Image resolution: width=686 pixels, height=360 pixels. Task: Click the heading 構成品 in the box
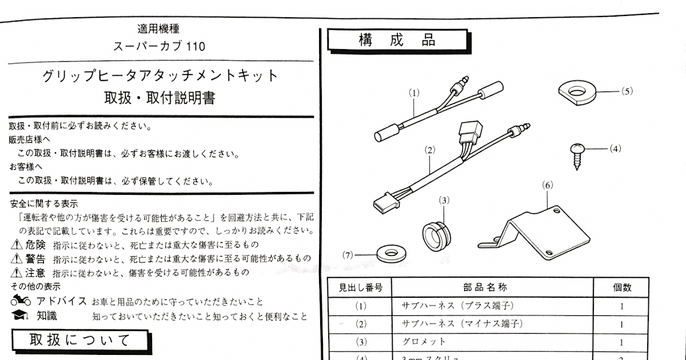[397, 41]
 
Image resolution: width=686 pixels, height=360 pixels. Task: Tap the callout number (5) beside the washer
[627, 91]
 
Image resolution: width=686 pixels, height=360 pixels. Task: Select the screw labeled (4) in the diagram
[577, 155]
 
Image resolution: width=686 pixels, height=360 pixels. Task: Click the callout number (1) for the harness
[414, 91]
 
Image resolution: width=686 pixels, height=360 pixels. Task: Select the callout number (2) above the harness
[430, 150]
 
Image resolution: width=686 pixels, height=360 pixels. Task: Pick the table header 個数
[621, 287]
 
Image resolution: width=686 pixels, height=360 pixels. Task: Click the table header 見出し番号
[360, 287]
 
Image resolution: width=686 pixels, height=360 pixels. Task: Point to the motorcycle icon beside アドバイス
[21, 301]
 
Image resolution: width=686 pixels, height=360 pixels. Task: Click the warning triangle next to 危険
[17, 245]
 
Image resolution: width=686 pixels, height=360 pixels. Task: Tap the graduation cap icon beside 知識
[21, 315]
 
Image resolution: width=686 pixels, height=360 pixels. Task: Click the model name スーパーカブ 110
[159, 46]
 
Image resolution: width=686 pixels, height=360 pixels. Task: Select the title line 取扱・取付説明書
[159, 98]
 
